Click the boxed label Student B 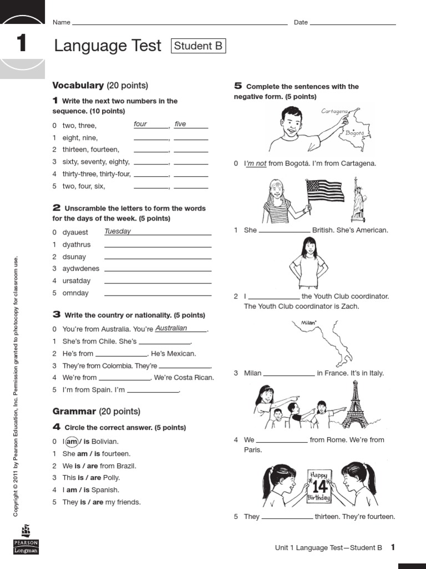[x=199, y=46]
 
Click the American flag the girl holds [x=324, y=191]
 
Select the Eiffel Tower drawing [x=354, y=405]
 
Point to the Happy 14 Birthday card [x=319, y=486]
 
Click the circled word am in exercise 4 [x=72, y=441]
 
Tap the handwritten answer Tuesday [x=118, y=231]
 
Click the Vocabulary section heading [x=78, y=85]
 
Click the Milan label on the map [x=308, y=322]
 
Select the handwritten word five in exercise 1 [x=180, y=124]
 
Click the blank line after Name [x=180, y=24]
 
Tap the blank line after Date [x=353, y=24]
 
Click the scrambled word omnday [x=75, y=293]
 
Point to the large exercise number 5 [x=238, y=86]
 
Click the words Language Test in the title [x=108, y=46]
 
